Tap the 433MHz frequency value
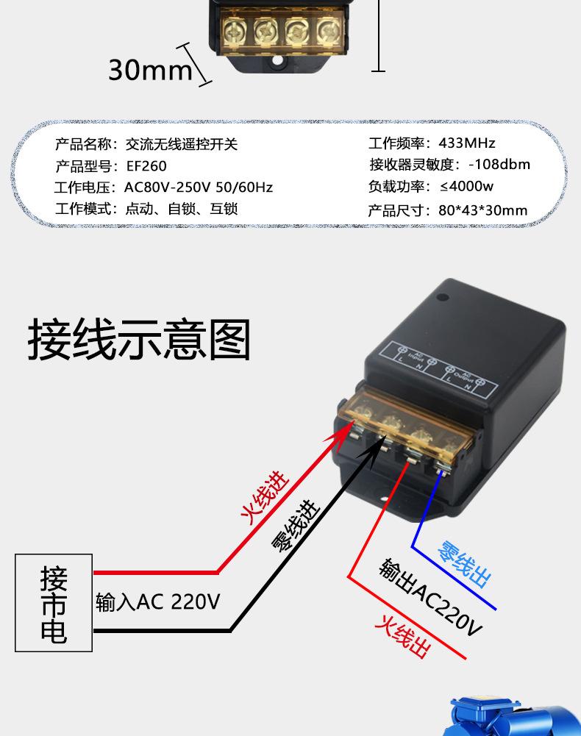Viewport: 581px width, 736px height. coord(467,143)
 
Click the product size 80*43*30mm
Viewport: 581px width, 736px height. coord(482,210)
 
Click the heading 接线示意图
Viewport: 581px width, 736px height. coord(139,339)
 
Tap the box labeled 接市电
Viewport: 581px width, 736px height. coord(54,603)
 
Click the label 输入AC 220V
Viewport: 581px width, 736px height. coord(157,603)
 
